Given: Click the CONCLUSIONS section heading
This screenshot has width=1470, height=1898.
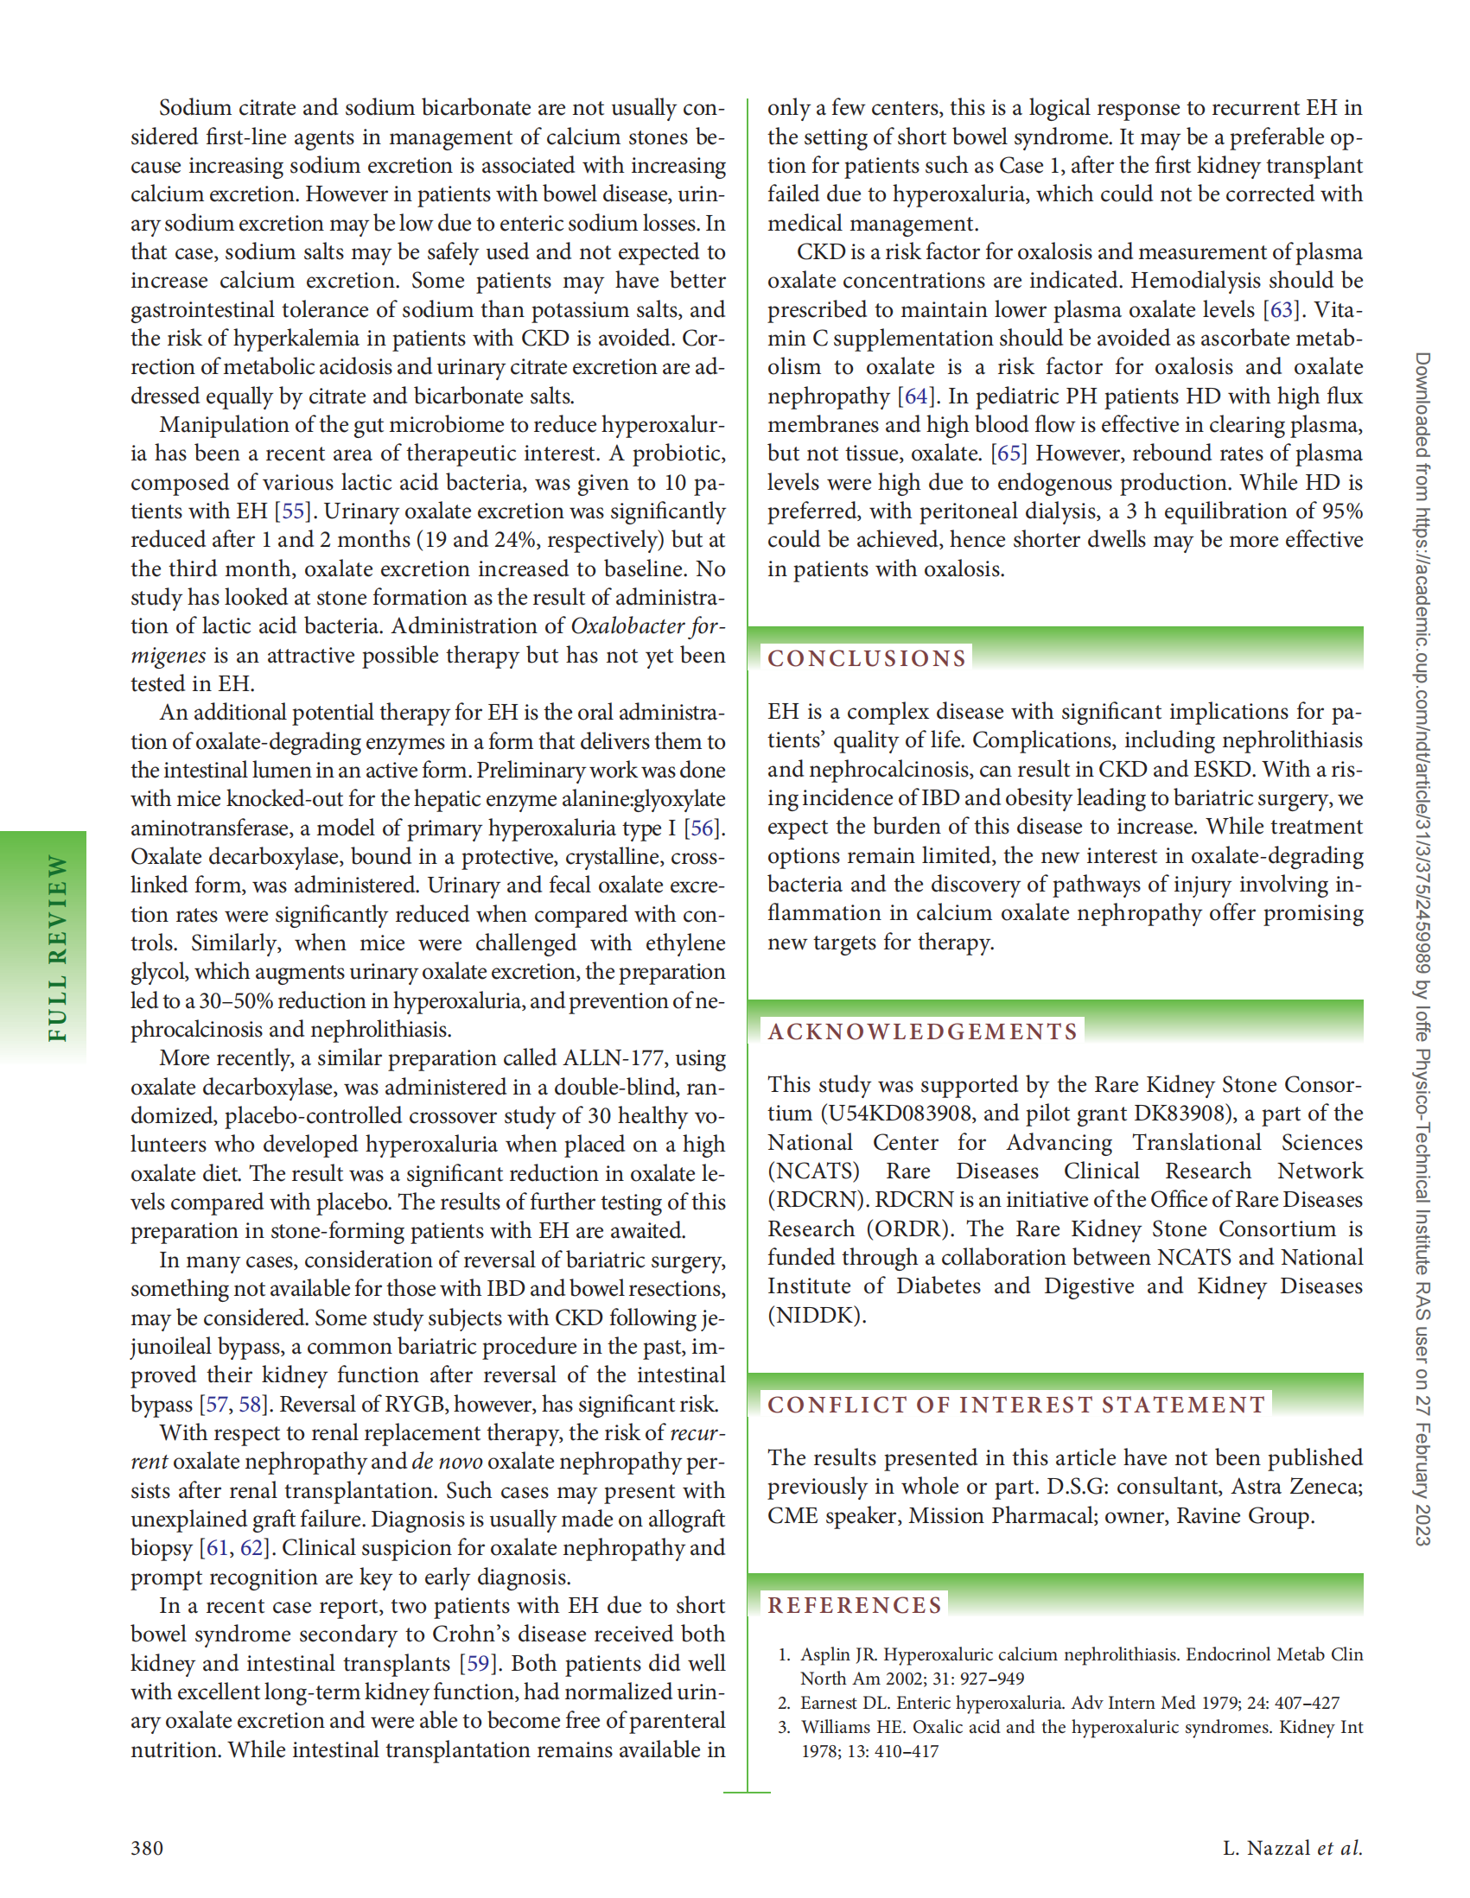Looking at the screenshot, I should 866,658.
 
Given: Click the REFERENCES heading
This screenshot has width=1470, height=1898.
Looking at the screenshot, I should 855,1604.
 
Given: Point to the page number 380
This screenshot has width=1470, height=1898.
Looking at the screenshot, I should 147,1848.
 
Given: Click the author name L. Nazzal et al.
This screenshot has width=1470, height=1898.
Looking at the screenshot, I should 1292,1848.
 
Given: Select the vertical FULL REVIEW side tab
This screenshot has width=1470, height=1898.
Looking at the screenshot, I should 56,947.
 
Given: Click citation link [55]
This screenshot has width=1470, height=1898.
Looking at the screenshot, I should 292,511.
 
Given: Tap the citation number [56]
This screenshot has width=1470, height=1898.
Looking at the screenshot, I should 703,828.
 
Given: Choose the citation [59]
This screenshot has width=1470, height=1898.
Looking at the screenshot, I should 477,1662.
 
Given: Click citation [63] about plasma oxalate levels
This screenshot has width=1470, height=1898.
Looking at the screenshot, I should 1282,309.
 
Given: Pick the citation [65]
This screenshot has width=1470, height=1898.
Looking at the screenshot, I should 1009,454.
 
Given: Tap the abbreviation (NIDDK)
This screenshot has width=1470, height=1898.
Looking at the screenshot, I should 817,1315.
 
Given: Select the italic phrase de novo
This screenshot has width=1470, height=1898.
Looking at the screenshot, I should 447,1461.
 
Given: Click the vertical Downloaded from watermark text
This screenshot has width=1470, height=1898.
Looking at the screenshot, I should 1422,947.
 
